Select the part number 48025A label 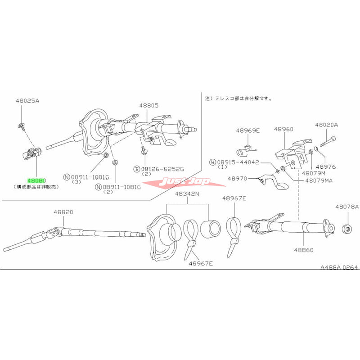(x=27, y=101)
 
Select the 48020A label (x=326, y=125)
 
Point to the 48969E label (x=248, y=130)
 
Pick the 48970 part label (x=238, y=179)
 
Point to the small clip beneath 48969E (x=244, y=147)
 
